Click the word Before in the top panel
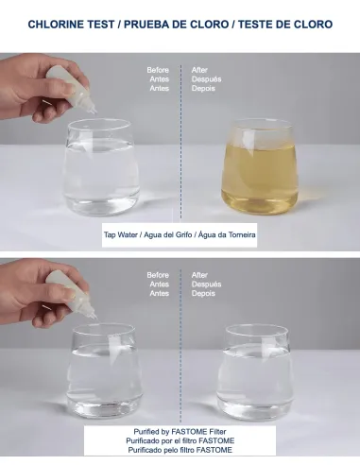pyautogui.click(x=158, y=70)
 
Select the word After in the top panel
pyautogui.click(x=200, y=70)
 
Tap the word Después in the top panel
pyautogui.click(x=206, y=79)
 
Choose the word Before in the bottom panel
pyautogui.click(x=158, y=275)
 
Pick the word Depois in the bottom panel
pyautogui.click(x=205, y=294)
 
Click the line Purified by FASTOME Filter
pyautogui.click(x=180, y=431)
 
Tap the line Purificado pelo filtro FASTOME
pyautogui.click(x=180, y=450)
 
